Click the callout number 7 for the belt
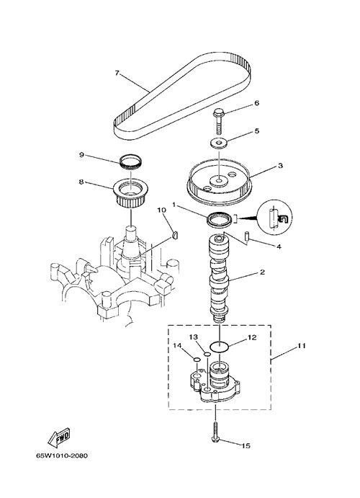(117, 73)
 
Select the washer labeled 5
(219, 143)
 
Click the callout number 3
(280, 166)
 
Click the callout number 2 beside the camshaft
(262, 272)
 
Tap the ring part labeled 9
(130, 162)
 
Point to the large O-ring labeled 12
(220, 347)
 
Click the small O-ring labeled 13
(207, 354)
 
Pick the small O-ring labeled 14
(197, 360)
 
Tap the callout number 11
(301, 346)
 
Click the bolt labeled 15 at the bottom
(215, 431)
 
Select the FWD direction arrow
(58, 438)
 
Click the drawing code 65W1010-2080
(61, 456)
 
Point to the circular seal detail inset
(274, 218)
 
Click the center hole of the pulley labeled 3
(219, 181)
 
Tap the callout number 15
(246, 446)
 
